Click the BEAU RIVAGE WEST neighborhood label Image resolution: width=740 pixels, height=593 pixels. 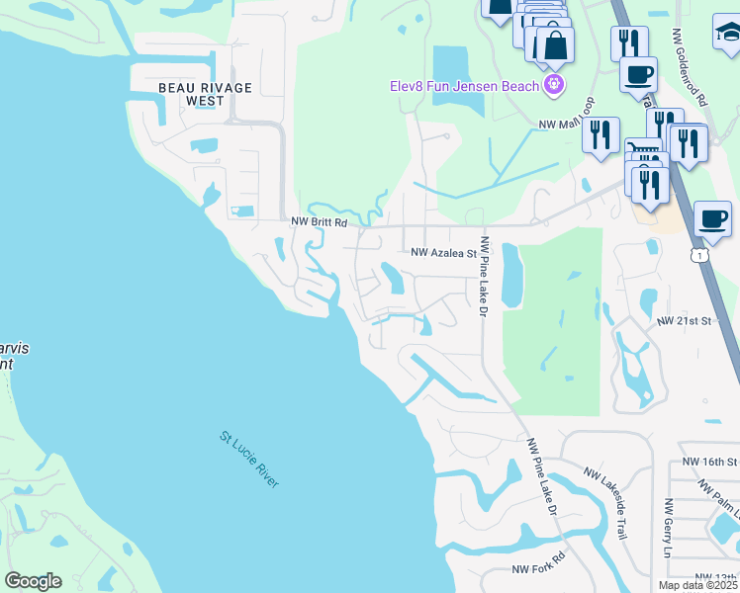[x=206, y=94]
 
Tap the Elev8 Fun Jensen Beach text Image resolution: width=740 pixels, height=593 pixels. [x=462, y=85]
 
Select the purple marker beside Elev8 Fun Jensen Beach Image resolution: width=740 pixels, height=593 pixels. [x=552, y=85]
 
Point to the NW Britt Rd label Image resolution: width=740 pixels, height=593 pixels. [x=319, y=223]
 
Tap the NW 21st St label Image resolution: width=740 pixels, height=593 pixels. [x=685, y=322]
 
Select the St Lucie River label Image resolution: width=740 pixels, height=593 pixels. [x=249, y=458]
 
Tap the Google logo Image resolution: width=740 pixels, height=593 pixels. [x=33, y=581]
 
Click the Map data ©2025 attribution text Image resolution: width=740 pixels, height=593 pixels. [x=697, y=585]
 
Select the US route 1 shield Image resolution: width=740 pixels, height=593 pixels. [x=700, y=255]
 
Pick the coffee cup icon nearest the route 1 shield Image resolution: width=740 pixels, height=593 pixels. [x=712, y=219]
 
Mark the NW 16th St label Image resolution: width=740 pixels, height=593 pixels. [x=710, y=462]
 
